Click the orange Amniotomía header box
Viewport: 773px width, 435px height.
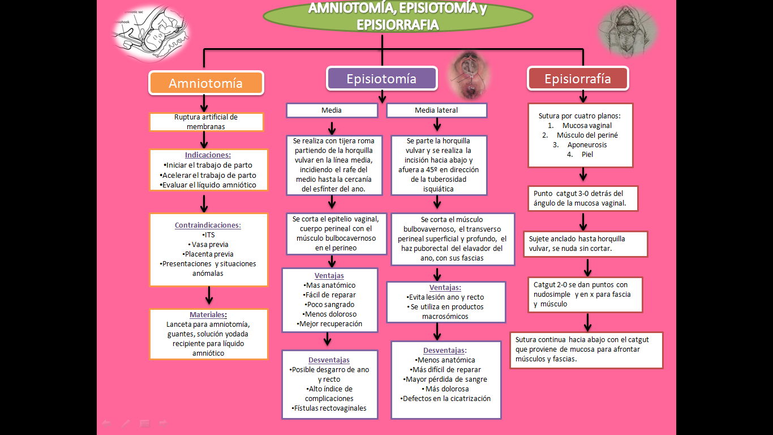pyautogui.click(x=207, y=83)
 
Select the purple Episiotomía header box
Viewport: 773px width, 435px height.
pyautogui.click(x=381, y=79)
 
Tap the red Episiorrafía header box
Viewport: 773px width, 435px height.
pyautogui.click(x=577, y=79)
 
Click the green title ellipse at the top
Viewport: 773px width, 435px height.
pyautogui.click(x=382, y=16)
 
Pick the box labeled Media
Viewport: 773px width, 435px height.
pyautogui.click(x=332, y=110)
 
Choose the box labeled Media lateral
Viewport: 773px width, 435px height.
pyautogui.click(x=436, y=110)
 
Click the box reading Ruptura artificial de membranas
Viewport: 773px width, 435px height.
pyautogui.click(x=206, y=122)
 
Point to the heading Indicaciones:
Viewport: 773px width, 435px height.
pyautogui.click(x=208, y=155)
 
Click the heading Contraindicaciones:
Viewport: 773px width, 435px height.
pyautogui.click(x=208, y=225)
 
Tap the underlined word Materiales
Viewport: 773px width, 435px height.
pyautogui.click(x=207, y=315)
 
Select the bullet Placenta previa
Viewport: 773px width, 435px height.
pyautogui.click(x=208, y=254)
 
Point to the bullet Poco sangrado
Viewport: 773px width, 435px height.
pyautogui.click(x=330, y=304)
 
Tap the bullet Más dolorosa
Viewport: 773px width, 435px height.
pyautogui.click(x=445, y=389)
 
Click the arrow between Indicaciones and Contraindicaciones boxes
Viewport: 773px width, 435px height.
pyautogui.click(x=205, y=201)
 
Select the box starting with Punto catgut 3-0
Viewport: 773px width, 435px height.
pyautogui.click(x=582, y=199)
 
